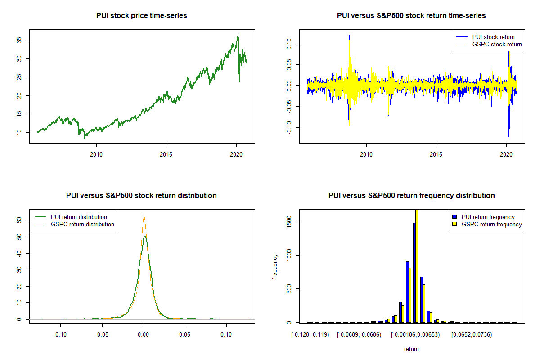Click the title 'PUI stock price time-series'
pyautogui.click(x=141, y=16)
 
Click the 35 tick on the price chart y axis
pyautogui.click(x=22, y=40)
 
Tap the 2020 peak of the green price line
pyautogui.click(x=238, y=34)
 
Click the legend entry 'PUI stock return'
pyautogui.click(x=493, y=37)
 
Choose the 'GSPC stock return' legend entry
pyautogui.click(x=497, y=44)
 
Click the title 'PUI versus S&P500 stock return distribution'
pyautogui.click(x=141, y=196)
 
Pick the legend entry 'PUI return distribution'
pyautogui.click(x=79, y=217)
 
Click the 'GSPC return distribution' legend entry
pyautogui.click(x=82, y=224)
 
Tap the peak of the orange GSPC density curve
pyautogui.click(x=144, y=216)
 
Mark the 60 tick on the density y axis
pyautogui.click(x=22, y=220)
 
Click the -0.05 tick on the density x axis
pyautogui.click(x=102, y=335)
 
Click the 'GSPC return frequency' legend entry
pyautogui.click(x=491, y=224)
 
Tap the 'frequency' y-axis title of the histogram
pyautogui.click(x=275, y=266)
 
